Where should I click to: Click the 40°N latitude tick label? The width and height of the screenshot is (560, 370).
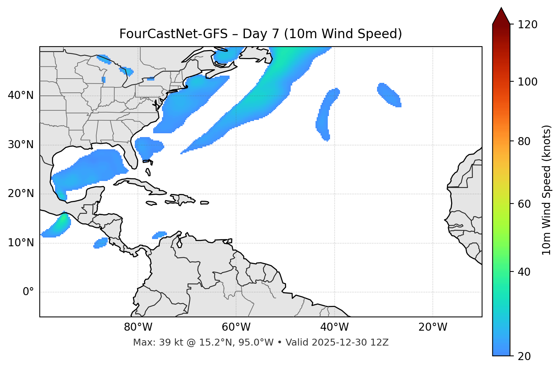(x=21, y=95)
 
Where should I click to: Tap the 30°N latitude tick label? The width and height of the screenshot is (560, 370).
(x=21, y=145)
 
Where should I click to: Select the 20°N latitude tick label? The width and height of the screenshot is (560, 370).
(x=21, y=194)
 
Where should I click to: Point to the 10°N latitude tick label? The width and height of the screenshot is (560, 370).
(x=21, y=243)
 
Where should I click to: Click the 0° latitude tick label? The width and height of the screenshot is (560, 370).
(x=28, y=292)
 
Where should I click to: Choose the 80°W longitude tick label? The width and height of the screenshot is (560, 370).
(x=138, y=327)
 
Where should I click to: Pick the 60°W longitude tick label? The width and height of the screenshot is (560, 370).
(x=236, y=327)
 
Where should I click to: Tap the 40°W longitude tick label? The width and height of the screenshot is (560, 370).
(x=334, y=327)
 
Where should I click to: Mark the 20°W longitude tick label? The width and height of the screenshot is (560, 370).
(x=432, y=327)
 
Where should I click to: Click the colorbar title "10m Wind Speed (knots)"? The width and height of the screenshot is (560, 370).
(x=547, y=190)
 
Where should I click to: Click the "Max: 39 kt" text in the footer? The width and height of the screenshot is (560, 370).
(x=149, y=343)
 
